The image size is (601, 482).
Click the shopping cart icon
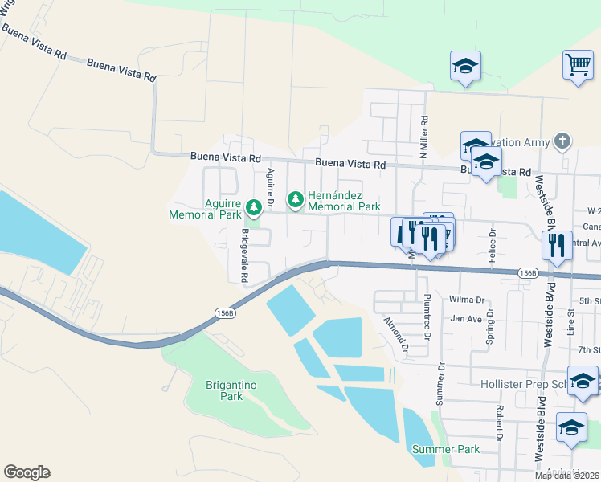pos(578,64)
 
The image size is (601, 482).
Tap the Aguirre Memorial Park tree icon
pos(254,209)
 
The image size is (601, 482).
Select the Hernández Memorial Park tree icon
pos(296,198)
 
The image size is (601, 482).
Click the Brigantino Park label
pos(231,390)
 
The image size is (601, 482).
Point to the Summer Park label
pos(446,449)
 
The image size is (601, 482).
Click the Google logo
pos(27,472)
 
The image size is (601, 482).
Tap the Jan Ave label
pos(465,319)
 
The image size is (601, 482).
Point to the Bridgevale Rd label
pos(243,255)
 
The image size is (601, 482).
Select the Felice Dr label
pos(493,245)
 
